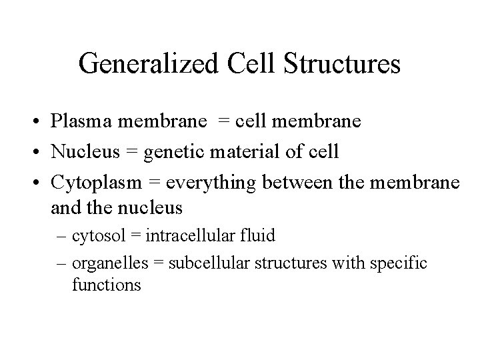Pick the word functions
click(x=106, y=285)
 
